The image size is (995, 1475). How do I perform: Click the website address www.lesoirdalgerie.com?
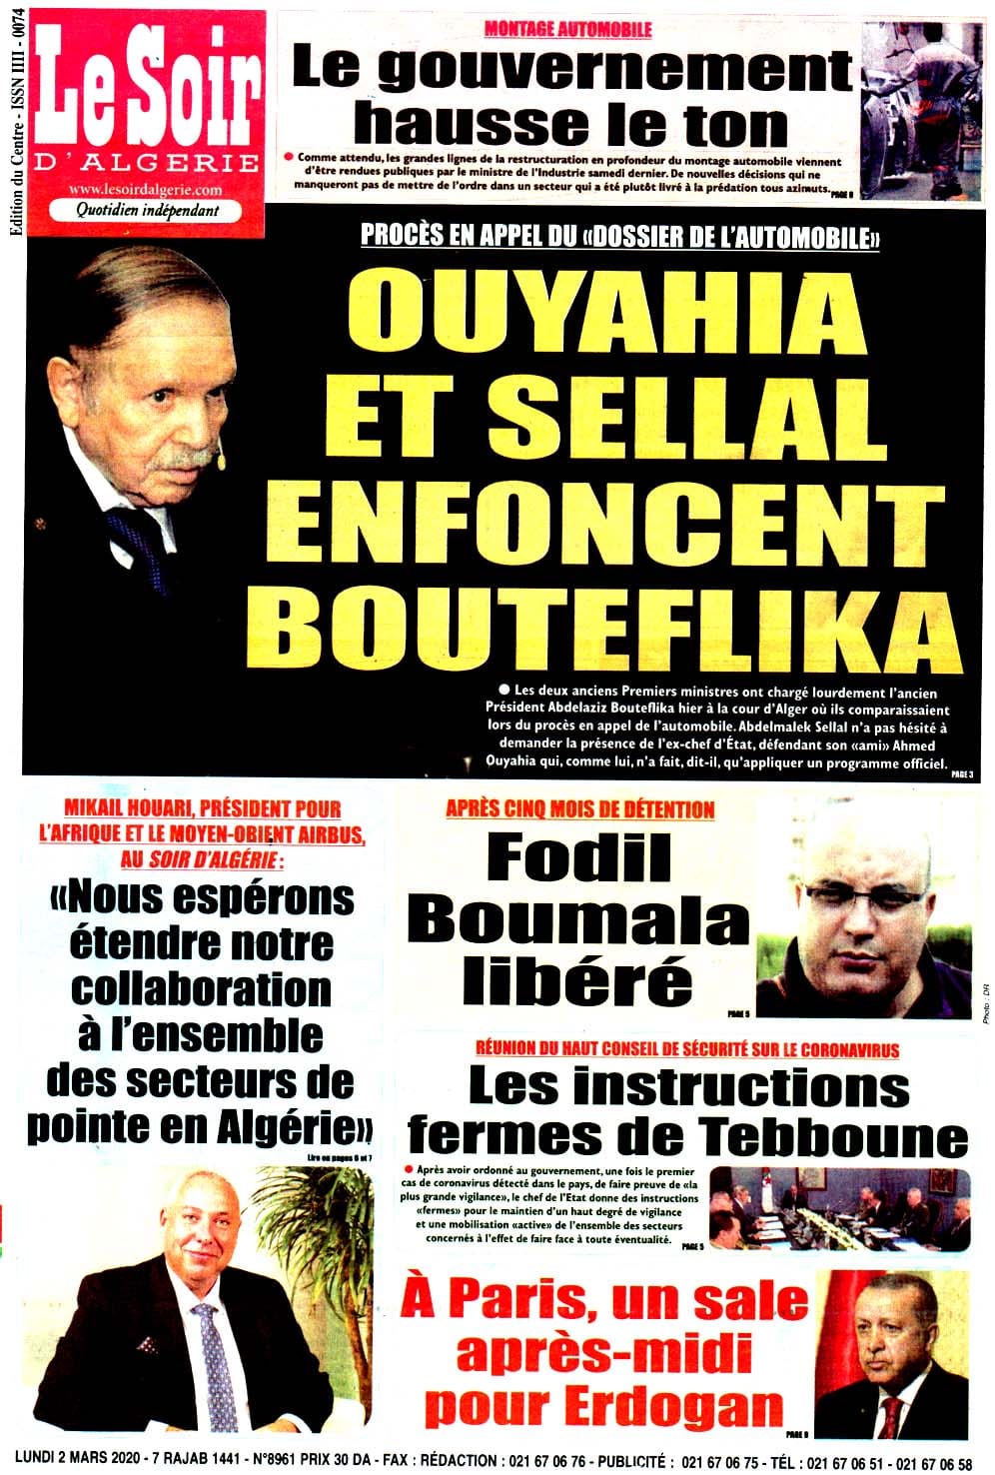[x=146, y=189]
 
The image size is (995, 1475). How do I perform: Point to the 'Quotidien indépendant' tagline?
[x=147, y=211]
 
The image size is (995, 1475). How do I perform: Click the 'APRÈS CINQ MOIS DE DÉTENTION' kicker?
[x=579, y=808]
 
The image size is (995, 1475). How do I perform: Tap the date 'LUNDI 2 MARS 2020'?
[x=94, y=1460]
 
